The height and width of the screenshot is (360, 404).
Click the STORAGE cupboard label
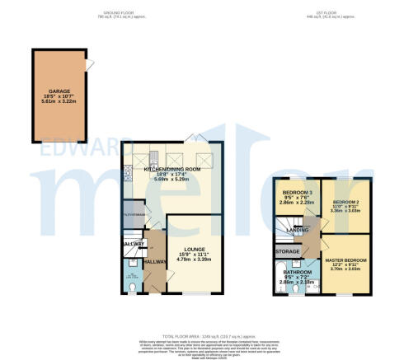(288, 250)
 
